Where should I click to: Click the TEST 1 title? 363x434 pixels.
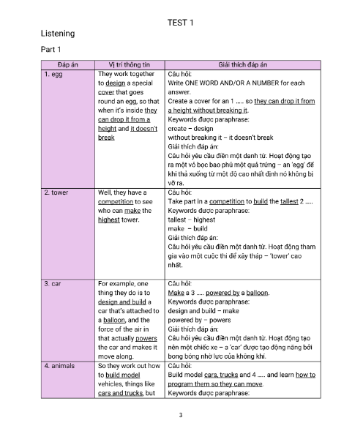pos(181,22)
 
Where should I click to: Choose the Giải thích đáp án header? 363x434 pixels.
pos(243,65)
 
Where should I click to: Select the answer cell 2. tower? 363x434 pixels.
pos(56,192)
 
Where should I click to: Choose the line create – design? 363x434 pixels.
pos(192,128)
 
